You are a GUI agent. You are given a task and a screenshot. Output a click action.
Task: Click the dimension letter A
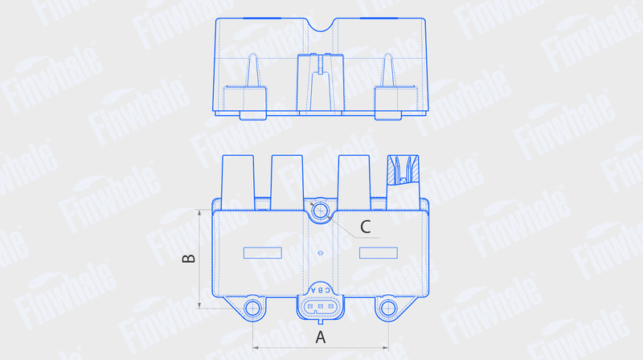(320, 337)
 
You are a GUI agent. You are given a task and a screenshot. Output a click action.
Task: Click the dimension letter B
(189, 258)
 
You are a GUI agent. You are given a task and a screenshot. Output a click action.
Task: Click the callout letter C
(366, 227)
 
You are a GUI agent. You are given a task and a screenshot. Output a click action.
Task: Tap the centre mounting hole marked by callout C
(320, 211)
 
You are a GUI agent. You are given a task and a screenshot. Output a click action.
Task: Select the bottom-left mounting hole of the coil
(252, 309)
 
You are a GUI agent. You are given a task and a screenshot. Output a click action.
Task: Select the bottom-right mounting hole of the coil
(387, 309)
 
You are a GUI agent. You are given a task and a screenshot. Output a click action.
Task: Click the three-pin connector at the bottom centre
(320, 307)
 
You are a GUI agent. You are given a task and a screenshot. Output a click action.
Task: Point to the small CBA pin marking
(320, 290)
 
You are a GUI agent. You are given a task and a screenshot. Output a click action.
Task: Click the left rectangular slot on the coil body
(263, 253)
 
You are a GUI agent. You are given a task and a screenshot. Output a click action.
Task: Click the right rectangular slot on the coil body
(378, 253)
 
